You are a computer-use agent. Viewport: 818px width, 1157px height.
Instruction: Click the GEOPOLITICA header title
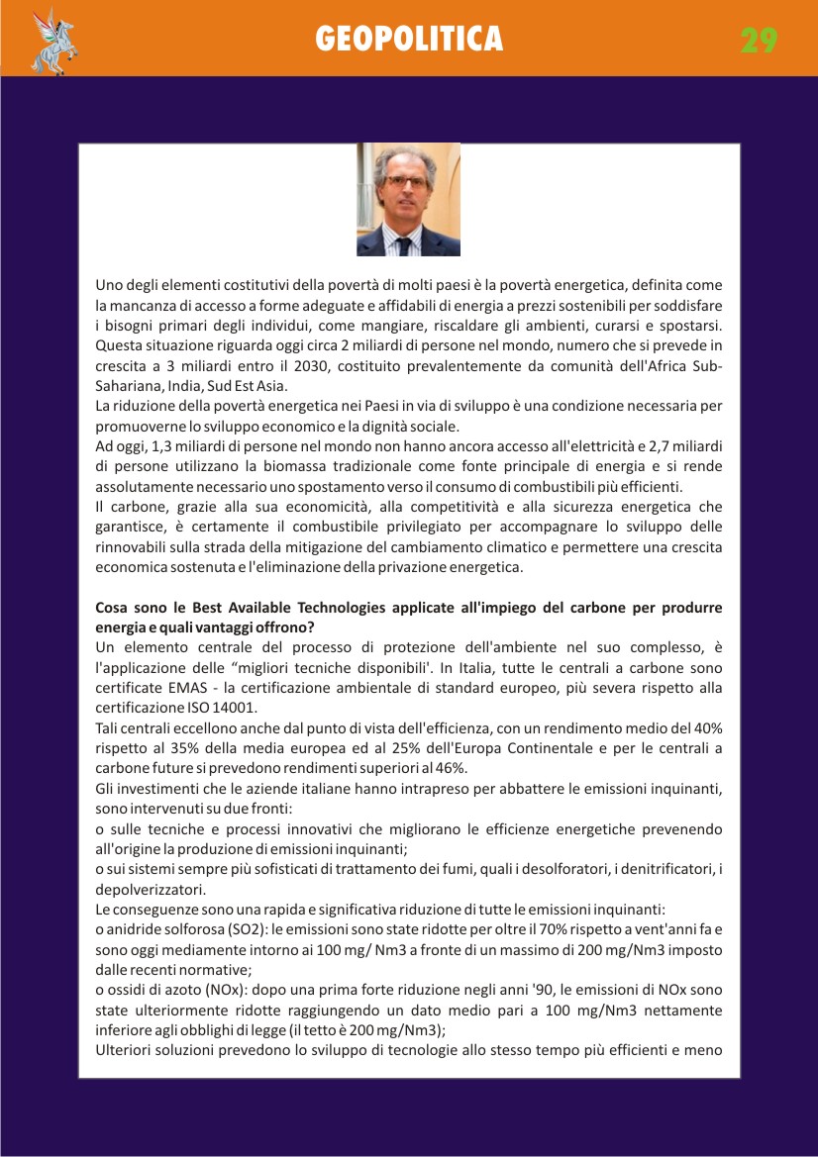pos(409,39)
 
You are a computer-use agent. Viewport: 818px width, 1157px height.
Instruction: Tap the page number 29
pos(759,40)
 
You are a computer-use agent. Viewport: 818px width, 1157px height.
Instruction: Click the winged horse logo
pos(54,42)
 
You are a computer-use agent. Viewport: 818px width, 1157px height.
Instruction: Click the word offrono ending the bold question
pos(290,627)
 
